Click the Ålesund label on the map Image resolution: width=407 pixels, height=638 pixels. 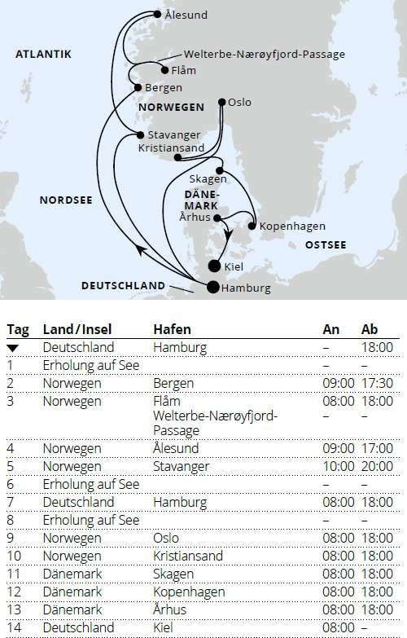(186, 15)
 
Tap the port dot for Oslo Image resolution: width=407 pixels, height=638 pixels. (221, 102)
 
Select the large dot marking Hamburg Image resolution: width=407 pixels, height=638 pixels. (212, 286)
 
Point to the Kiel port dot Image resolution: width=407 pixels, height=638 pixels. (214, 266)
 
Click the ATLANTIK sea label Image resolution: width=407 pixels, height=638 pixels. (44, 54)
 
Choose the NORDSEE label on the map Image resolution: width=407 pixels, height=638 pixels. (66, 199)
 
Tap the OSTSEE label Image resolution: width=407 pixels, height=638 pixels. (326, 244)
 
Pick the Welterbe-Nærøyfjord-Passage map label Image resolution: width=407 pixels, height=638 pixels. (264, 55)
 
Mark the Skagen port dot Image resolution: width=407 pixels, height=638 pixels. (219, 170)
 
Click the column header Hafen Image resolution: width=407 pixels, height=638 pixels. (172, 330)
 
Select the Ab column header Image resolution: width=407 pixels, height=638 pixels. (370, 330)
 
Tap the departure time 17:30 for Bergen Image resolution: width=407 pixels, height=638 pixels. (377, 383)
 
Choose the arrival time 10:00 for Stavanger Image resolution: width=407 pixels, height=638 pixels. (339, 467)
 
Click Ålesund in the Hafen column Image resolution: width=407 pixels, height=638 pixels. (176, 449)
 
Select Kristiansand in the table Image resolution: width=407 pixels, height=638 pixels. (188, 557)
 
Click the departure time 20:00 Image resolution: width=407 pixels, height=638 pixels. (377, 467)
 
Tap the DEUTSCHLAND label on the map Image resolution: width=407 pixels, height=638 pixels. (123, 285)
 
